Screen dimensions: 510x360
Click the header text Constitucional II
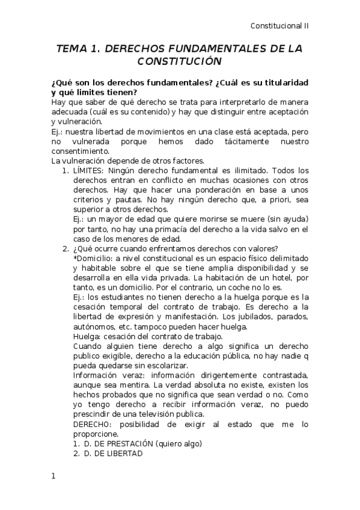[279, 26]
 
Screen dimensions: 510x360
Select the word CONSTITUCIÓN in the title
[180, 61]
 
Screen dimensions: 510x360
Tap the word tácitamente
[217, 141]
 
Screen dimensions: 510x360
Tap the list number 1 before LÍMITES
[65, 170]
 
